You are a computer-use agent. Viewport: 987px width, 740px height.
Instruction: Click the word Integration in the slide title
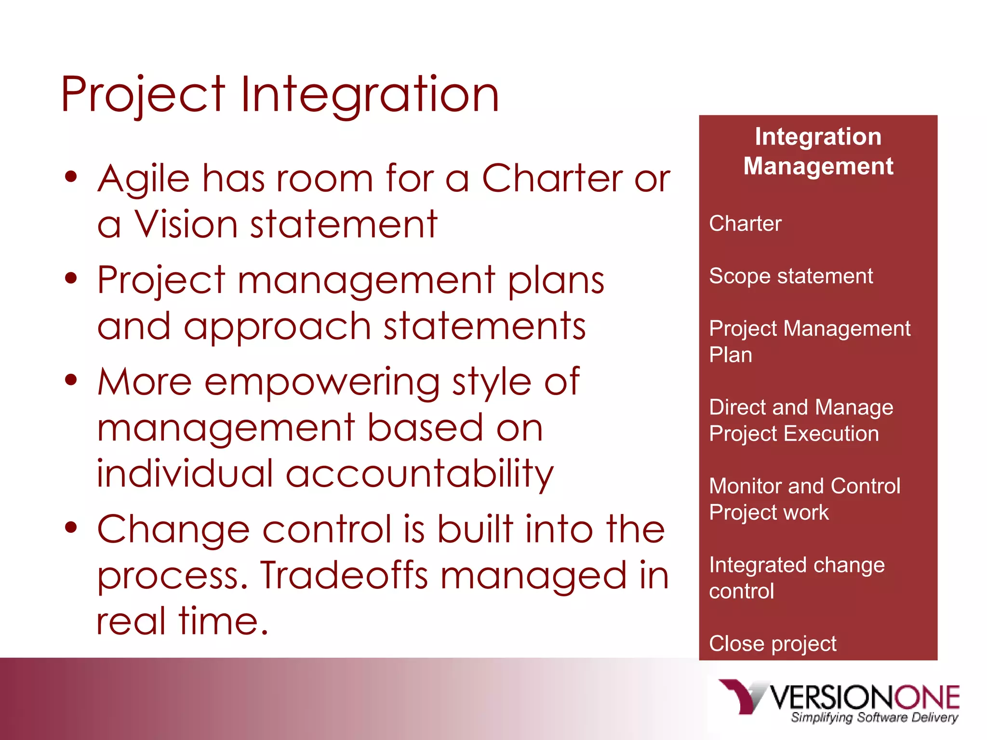pyautogui.click(x=370, y=95)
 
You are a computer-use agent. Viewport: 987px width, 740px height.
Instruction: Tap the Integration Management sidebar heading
pyautogui.click(x=818, y=151)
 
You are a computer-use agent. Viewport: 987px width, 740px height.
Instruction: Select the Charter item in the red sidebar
pyautogui.click(x=745, y=224)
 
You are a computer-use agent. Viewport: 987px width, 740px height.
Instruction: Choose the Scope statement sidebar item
pyautogui.click(x=790, y=276)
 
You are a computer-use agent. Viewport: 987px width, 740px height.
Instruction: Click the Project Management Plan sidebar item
pyautogui.click(x=809, y=341)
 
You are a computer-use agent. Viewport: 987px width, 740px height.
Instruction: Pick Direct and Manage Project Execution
pyautogui.click(x=801, y=420)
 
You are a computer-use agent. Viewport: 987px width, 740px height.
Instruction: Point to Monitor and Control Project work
pyautogui.click(x=804, y=499)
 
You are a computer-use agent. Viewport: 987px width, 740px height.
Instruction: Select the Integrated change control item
pyautogui.click(x=796, y=577)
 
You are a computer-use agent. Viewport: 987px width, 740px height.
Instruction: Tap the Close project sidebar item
pyautogui.click(x=773, y=644)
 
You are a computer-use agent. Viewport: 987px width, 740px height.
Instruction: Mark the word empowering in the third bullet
pyautogui.click(x=322, y=382)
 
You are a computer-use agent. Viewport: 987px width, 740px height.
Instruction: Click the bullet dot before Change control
pyautogui.click(x=71, y=528)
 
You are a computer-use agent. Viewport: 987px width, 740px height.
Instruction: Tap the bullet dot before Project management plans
pyautogui.click(x=71, y=278)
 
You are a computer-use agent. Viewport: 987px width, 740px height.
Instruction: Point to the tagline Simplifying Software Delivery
pyautogui.click(x=874, y=718)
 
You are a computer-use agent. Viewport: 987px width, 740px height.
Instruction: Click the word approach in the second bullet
pyautogui.click(x=277, y=326)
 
